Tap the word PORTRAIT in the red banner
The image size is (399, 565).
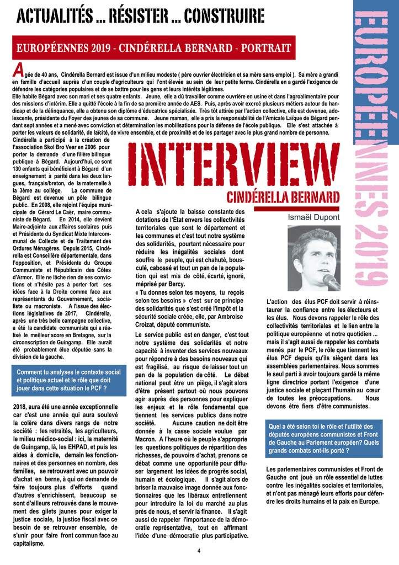(x=264, y=49)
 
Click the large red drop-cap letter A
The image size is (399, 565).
(x=17, y=71)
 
